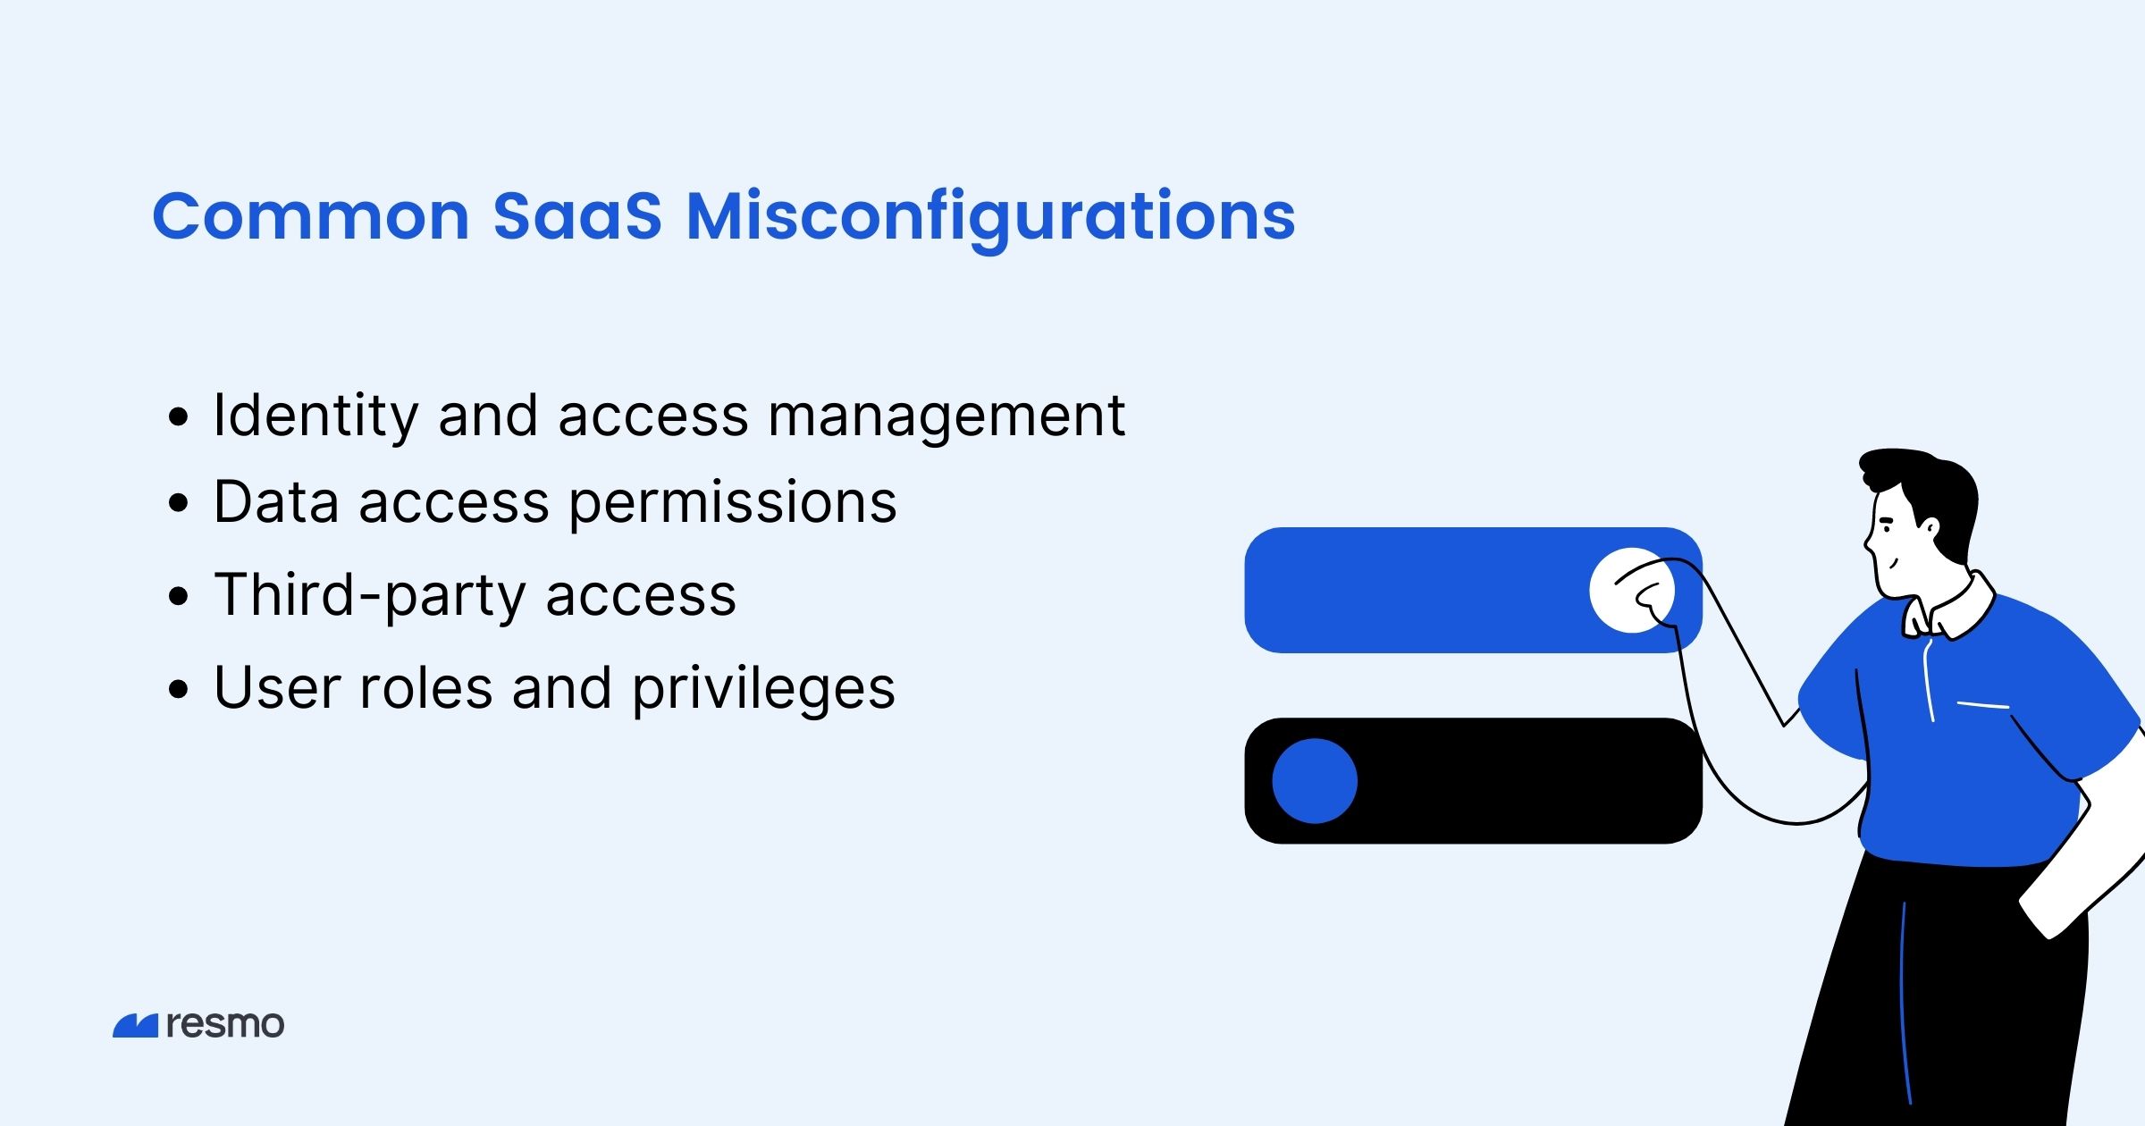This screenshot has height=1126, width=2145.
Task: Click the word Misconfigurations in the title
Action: [x=990, y=217]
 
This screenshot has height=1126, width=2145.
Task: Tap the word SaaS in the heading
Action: [x=577, y=217]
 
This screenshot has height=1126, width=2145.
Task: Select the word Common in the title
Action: [x=310, y=217]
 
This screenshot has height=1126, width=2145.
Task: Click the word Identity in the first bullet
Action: [x=315, y=416]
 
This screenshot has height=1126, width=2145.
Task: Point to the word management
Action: [x=946, y=416]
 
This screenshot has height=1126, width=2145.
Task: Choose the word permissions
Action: [x=732, y=503]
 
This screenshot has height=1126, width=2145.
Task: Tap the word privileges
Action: [x=763, y=689]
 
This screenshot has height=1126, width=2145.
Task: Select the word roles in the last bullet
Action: [x=425, y=689]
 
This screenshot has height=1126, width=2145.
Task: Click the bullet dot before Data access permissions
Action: [x=179, y=503]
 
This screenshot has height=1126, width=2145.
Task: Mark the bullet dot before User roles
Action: [x=179, y=689]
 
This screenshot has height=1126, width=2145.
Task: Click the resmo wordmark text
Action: [x=225, y=1024]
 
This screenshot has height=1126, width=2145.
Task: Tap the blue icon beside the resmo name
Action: [x=136, y=1026]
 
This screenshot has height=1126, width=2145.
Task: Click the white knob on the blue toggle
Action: [x=1631, y=591]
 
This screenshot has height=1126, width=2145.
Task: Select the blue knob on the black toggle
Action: [x=1315, y=781]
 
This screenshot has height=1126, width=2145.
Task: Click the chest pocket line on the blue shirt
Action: [x=1982, y=706]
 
